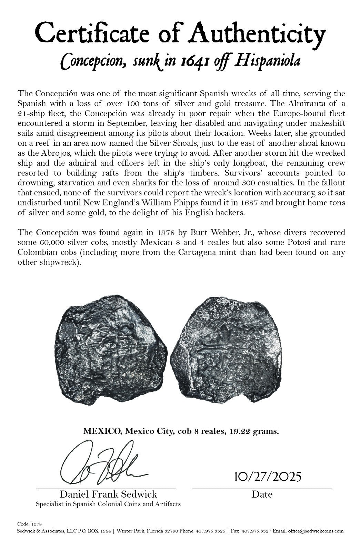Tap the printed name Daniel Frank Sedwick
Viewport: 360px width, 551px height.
108,494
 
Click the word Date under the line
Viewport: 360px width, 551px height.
262,494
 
